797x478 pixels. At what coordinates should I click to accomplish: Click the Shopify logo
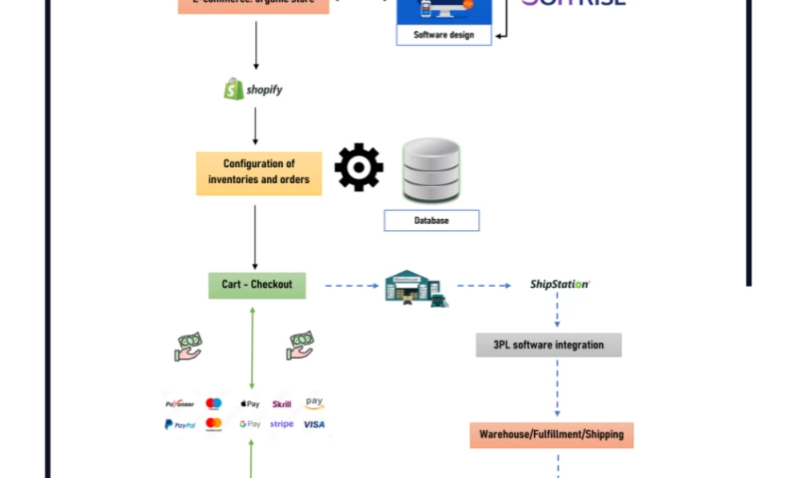253,90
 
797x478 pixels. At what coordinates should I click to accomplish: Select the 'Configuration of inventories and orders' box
259,172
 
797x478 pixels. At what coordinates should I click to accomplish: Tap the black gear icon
359,167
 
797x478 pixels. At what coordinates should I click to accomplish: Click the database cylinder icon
431,171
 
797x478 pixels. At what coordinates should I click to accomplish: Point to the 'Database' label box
431,220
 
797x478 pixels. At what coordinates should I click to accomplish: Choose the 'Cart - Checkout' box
257,285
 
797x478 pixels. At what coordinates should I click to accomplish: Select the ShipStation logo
559,285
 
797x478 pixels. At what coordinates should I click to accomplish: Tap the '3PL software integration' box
548,345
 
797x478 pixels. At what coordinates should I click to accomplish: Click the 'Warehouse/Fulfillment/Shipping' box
551,434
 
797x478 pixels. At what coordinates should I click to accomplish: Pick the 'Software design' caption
444,36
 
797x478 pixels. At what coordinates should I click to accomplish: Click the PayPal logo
179,424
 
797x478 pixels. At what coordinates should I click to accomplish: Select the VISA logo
314,424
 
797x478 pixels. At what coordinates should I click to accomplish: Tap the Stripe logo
282,424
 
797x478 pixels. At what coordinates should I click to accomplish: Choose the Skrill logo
282,404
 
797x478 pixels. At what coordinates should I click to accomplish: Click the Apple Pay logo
250,404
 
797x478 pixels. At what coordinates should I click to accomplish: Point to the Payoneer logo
179,404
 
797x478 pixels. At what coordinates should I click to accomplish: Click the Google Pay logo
250,424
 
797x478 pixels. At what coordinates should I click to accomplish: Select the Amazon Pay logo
314,403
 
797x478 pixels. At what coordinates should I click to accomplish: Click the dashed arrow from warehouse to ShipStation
484,286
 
